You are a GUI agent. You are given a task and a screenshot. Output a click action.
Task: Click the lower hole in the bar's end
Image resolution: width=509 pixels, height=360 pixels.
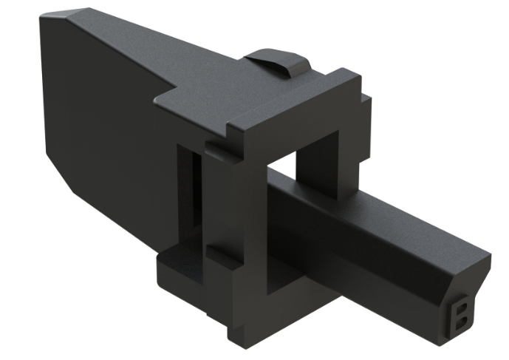point(462,321)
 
